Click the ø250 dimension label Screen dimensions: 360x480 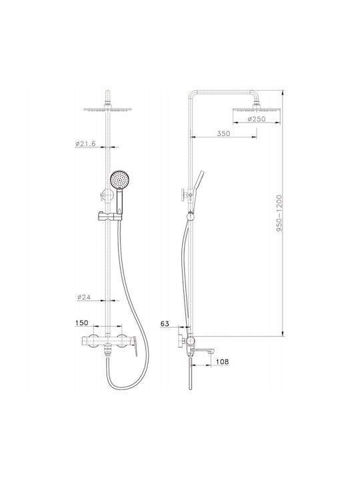257,119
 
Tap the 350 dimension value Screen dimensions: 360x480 223,133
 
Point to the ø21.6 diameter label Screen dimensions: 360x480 85,143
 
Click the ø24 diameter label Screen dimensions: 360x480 84,297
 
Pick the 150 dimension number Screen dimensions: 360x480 81,323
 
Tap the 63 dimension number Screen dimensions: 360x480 165,323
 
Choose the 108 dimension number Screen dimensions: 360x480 222,361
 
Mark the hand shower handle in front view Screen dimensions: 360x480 119,201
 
